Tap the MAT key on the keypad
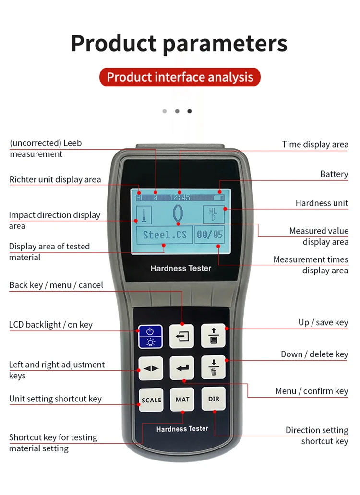[182, 400]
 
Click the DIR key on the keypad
[213, 399]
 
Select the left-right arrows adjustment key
[151, 368]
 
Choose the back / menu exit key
[182, 336]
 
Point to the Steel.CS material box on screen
[165, 235]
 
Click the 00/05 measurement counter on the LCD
[210, 235]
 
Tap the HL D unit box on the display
[213, 214]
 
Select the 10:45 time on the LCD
[180, 198]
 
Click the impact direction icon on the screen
[143, 214]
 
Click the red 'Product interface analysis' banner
[180, 77]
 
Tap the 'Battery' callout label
[334, 174]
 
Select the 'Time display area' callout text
[315, 144]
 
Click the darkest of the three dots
[190, 111]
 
